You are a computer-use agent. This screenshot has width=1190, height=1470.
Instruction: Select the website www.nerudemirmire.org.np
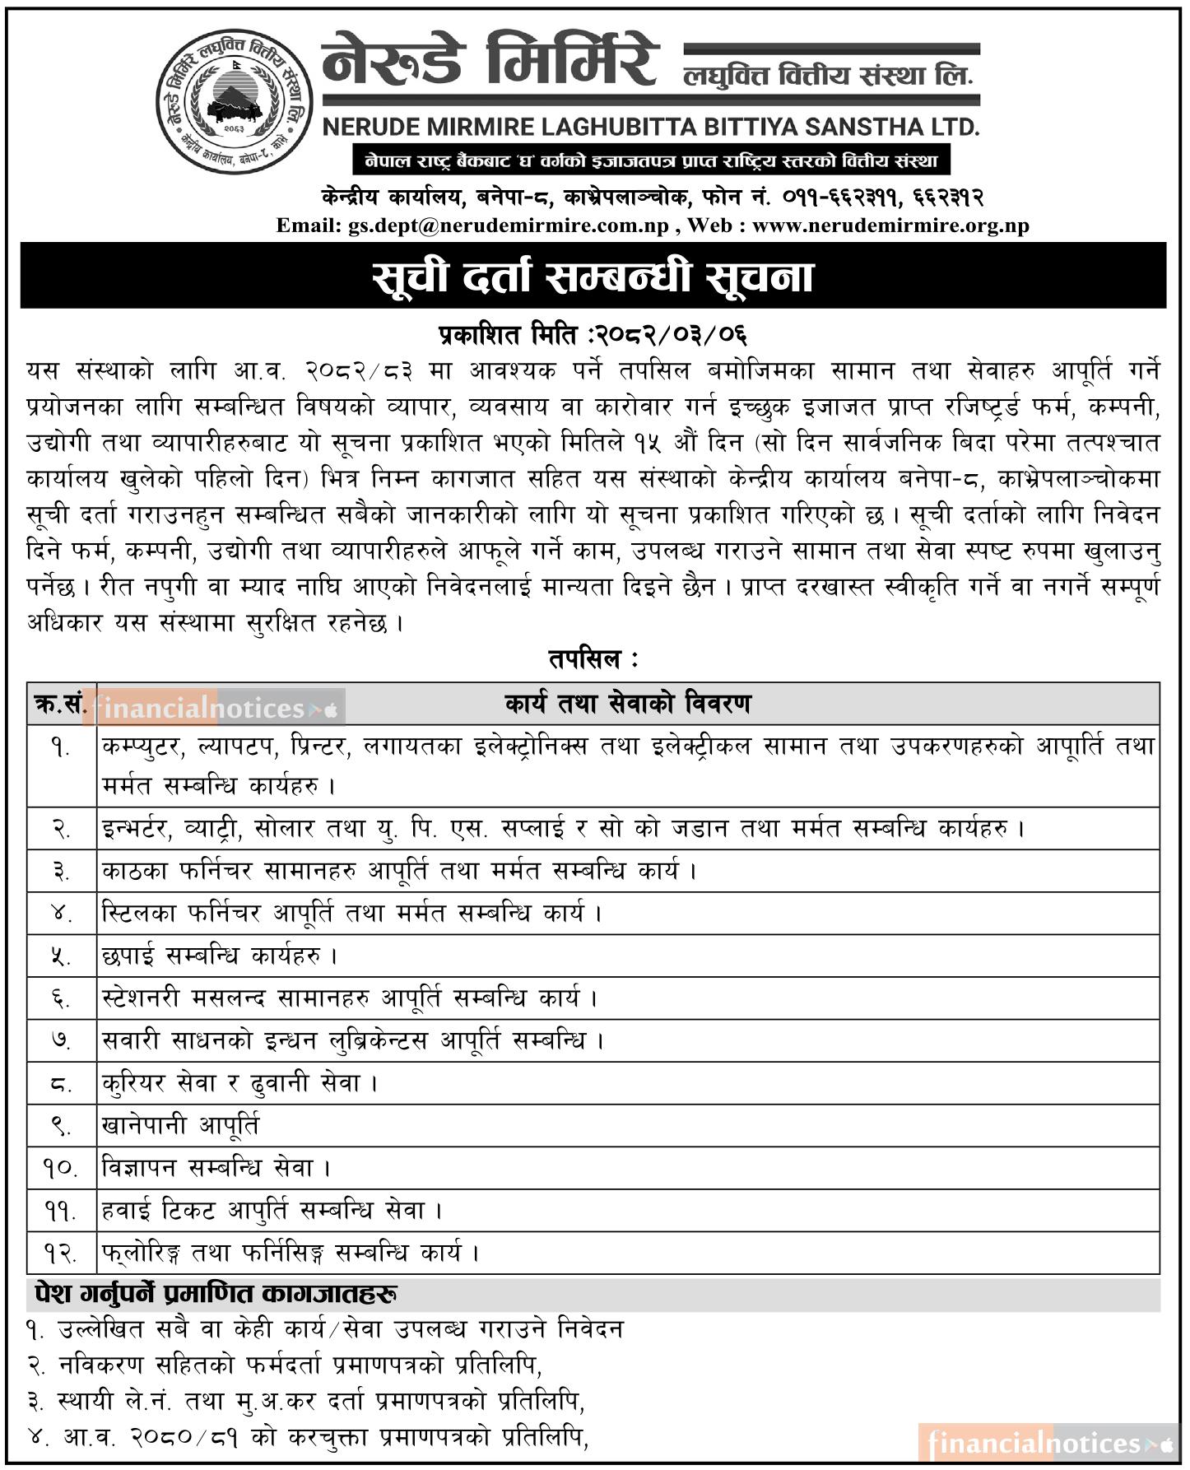890,226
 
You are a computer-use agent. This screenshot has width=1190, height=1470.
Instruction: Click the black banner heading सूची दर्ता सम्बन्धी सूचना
593,277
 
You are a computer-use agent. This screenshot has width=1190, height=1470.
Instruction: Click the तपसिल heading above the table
593,659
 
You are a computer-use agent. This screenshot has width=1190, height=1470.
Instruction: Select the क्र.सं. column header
61,705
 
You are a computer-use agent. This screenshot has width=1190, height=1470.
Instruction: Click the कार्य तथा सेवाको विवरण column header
627,705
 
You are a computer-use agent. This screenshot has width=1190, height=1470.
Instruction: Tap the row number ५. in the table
61,956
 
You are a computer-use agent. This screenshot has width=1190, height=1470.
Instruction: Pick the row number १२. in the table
61,1254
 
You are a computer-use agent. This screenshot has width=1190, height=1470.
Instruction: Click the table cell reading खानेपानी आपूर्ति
180,1125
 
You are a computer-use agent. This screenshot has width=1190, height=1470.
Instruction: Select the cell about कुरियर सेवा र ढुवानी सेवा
239,1083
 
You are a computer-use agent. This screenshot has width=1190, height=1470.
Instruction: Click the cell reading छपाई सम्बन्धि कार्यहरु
219,956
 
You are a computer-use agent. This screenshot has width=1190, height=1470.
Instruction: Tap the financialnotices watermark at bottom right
1045,1443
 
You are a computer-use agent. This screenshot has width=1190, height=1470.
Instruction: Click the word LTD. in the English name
954,128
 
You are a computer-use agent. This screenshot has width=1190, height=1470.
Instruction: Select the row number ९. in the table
61,1125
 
